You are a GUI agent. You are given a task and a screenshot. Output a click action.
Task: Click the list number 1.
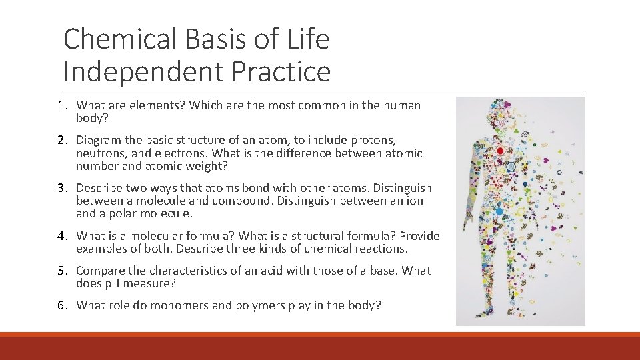tap(61, 105)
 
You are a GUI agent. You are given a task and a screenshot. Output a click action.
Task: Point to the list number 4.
tap(61, 236)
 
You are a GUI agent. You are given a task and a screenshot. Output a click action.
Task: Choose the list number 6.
tap(61, 305)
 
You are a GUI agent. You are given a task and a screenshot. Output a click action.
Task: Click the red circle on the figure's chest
tap(501, 151)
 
